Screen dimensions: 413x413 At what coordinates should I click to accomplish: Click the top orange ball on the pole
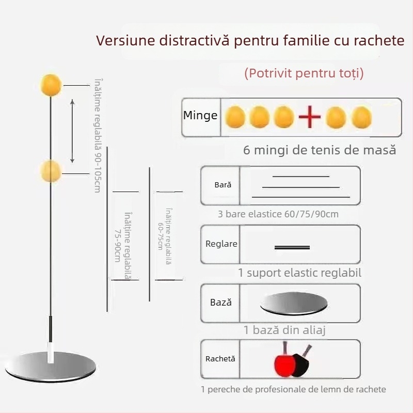click(x=51, y=84)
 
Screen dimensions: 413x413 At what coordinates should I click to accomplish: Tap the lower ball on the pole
click(x=51, y=171)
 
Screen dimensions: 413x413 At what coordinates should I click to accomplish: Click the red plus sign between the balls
click(x=310, y=118)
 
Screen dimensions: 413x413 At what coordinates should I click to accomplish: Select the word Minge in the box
click(x=200, y=116)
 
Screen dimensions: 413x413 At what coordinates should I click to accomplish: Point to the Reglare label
click(x=221, y=244)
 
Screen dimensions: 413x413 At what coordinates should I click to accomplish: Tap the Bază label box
click(x=221, y=303)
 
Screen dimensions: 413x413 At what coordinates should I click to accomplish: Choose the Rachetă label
click(x=220, y=358)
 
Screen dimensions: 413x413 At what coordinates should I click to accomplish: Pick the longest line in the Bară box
click(x=300, y=197)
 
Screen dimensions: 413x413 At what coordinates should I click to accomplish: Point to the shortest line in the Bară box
click(x=300, y=177)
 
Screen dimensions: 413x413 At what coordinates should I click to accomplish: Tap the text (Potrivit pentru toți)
click(x=304, y=73)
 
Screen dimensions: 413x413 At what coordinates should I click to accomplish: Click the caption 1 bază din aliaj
click(x=284, y=330)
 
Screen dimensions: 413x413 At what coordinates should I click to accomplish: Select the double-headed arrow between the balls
click(x=72, y=131)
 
